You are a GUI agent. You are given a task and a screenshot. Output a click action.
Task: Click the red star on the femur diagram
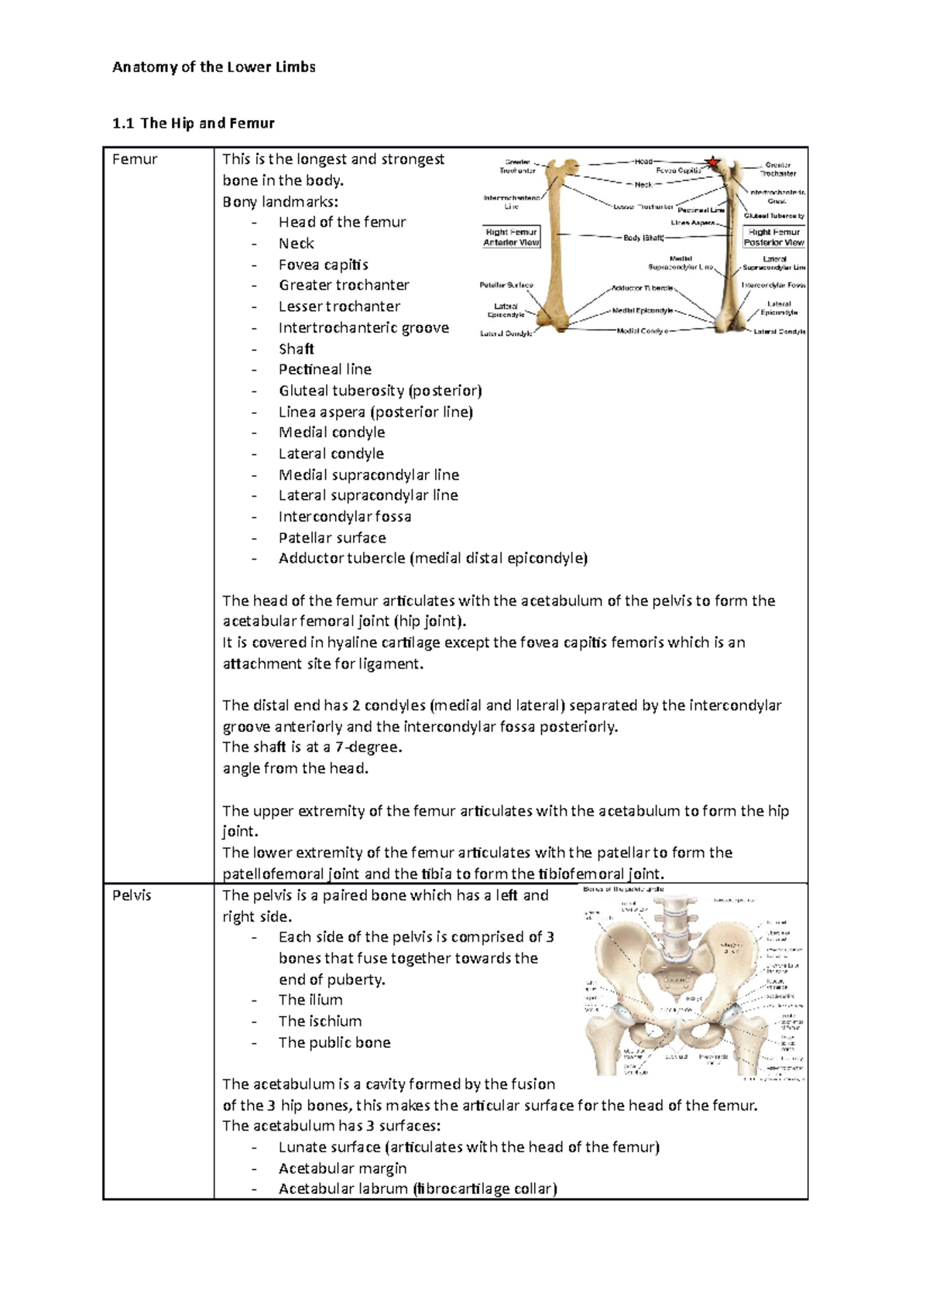coord(712,163)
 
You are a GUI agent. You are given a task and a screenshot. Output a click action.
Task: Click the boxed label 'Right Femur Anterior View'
coord(511,237)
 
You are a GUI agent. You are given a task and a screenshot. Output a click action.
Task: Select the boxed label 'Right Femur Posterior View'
coord(773,237)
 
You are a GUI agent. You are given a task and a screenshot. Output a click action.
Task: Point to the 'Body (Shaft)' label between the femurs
coord(643,238)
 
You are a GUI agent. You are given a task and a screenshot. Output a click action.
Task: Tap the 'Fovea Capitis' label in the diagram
coord(678,170)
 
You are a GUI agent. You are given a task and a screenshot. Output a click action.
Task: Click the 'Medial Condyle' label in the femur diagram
coord(642,331)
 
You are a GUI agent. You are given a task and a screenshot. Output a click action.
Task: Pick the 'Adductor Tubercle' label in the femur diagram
coord(642,288)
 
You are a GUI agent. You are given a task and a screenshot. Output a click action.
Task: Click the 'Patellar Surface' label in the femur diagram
coord(506,285)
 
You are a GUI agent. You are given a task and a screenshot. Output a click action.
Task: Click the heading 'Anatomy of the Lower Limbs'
coord(214,67)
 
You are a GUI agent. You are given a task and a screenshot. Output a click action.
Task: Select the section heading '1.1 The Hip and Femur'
coord(194,123)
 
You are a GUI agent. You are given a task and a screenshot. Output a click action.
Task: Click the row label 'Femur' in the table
coord(135,159)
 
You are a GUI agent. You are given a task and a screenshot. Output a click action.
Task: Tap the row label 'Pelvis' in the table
coord(132,895)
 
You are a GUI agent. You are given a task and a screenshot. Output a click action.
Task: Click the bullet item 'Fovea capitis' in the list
coord(323,265)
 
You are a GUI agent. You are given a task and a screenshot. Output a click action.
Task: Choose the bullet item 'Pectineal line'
coord(324,369)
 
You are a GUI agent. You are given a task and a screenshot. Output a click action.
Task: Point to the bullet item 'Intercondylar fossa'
coord(345,516)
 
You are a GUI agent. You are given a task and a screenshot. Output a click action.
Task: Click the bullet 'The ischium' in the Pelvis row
coord(320,1021)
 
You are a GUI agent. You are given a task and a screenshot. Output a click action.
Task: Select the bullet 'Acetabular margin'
coord(342,1168)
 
